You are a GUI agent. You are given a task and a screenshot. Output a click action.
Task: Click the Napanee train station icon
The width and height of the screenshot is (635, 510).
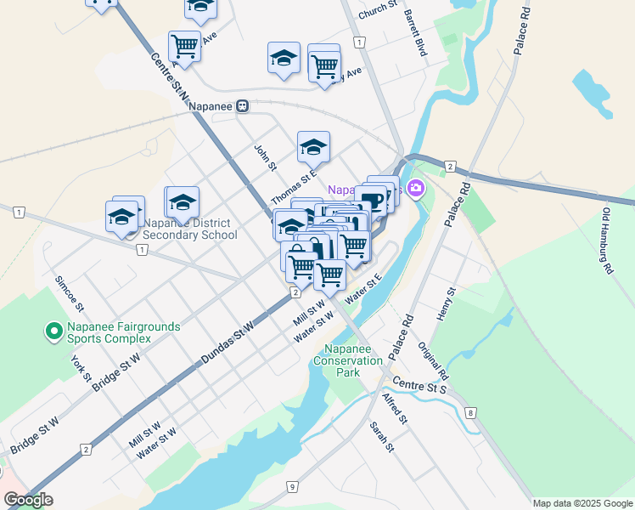click(x=243, y=105)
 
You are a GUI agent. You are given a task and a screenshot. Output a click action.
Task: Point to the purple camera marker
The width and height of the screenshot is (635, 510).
click(x=415, y=188)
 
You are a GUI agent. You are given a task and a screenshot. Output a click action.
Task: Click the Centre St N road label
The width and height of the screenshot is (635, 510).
click(x=168, y=78)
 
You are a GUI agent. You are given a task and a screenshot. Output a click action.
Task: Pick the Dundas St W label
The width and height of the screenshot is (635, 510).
click(x=227, y=344)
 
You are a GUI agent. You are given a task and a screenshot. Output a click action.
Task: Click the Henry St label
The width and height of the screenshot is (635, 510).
click(x=447, y=303)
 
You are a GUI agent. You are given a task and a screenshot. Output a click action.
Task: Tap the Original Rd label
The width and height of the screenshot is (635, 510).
click(x=433, y=361)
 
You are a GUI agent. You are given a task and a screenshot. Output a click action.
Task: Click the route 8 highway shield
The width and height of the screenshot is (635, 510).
click(x=470, y=413)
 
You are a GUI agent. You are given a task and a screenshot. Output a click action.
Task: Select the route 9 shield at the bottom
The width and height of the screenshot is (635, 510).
click(x=291, y=487)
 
